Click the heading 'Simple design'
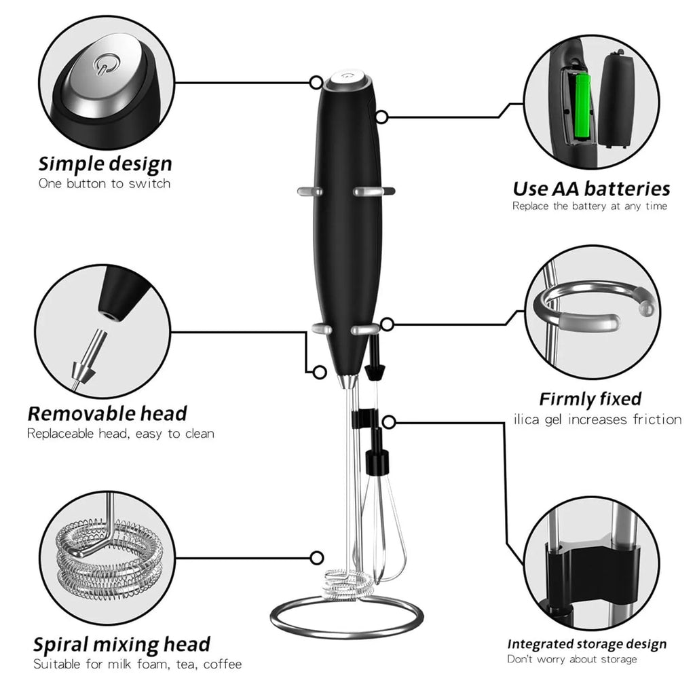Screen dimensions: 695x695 (x=105, y=164)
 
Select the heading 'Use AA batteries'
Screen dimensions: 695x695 (x=591, y=189)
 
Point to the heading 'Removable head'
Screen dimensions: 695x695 (x=107, y=414)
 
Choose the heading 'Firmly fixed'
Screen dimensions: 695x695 (x=590, y=399)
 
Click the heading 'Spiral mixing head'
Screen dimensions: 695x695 (x=122, y=645)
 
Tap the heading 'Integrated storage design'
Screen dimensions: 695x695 (x=587, y=644)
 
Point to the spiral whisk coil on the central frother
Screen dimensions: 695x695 (x=348, y=584)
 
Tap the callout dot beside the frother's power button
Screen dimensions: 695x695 (x=316, y=82)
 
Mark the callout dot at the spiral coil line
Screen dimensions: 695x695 (x=316, y=558)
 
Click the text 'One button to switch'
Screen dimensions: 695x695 (x=105, y=183)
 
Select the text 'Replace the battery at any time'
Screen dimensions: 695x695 (x=590, y=206)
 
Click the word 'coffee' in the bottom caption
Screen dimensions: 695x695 (x=223, y=664)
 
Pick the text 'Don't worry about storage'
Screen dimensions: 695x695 (x=572, y=660)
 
